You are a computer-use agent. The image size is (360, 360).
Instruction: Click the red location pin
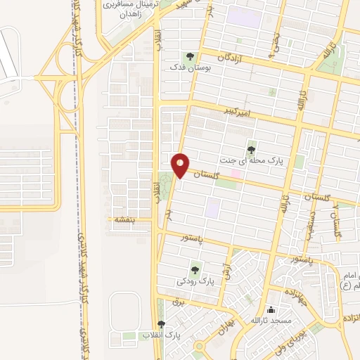coord(181,165)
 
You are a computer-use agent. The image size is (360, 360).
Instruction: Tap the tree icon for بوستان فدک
coord(188,56)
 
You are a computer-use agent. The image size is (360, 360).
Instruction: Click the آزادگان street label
coord(233,56)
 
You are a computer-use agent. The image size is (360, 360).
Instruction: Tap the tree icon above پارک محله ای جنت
coord(252,149)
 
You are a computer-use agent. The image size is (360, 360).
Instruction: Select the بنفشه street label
coord(124,219)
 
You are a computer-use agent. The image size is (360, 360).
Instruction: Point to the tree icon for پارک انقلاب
coord(161,323)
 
